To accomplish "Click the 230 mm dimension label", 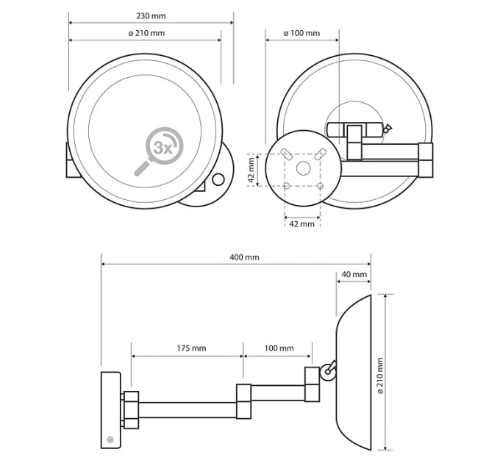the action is tap(151, 16).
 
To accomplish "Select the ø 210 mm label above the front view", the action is tap(146, 33).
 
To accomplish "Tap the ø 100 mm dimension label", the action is tap(301, 33).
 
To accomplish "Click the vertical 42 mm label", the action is tap(252, 170).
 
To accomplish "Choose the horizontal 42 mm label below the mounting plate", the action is tap(301, 224).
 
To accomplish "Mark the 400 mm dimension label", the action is tap(244, 257).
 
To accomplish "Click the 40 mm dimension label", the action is tap(354, 274).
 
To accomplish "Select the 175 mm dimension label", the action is tap(191, 348).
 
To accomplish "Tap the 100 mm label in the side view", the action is tap(279, 348).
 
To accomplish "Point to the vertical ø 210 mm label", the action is tap(380, 376).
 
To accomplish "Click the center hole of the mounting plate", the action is tap(303, 168).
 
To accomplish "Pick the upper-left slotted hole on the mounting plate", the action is tap(286, 154).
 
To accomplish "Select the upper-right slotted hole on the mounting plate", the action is tap(320, 154).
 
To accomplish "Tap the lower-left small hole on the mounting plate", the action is tap(287, 185).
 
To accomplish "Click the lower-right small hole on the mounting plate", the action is tap(321, 185).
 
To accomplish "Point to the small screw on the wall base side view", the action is tap(110, 440).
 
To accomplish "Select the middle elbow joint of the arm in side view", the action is tap(243, 401).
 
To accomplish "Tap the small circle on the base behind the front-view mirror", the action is tap(218, 179).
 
